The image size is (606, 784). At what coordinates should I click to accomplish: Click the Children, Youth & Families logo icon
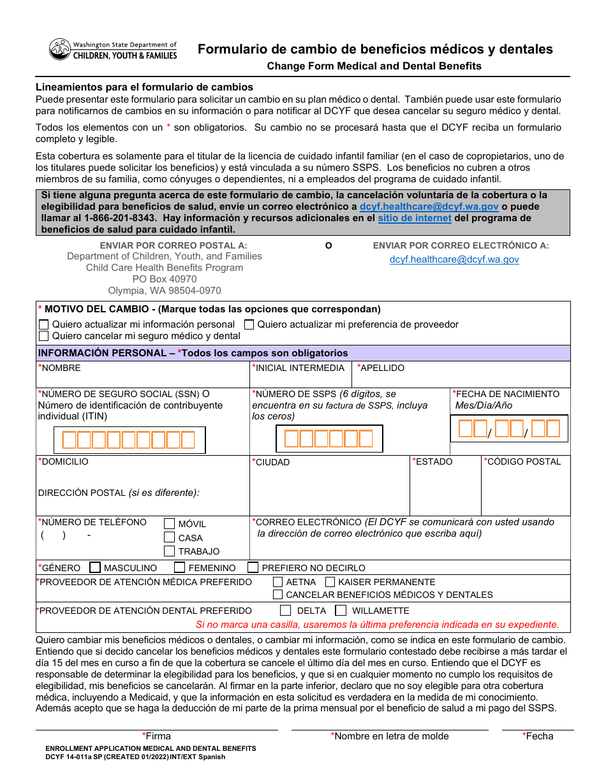[x=59, y=49]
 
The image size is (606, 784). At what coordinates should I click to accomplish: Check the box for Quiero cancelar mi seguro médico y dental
[x=44, y=336]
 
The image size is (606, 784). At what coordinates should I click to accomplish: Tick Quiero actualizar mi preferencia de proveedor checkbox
[x=249, y=324]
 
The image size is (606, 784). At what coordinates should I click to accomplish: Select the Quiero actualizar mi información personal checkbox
[x=44, y=324]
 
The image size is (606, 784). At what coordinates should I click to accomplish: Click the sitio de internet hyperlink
[x=415, y=218]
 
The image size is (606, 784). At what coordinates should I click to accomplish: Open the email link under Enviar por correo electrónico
[x=454, y=259]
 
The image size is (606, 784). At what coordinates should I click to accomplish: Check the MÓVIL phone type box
[x=170, y=523]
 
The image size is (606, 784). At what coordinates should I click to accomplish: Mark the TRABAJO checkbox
[x=170, y=551]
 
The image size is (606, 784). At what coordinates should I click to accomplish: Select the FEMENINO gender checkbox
[x=180, y=567]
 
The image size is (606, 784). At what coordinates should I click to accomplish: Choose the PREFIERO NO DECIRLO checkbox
[x=253, y=567]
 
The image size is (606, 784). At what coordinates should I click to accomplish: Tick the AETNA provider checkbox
[x=278, y=582]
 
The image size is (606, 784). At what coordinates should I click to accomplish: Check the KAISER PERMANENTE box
[x=330, y=582]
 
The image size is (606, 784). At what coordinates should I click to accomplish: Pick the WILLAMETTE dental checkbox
[x=341, y=611]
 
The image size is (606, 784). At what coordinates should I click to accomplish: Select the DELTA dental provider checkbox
[x=286, y=611]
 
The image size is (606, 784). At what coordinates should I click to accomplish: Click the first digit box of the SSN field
[x=68, y=440]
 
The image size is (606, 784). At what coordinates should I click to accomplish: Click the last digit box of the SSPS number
[x=366, y=439]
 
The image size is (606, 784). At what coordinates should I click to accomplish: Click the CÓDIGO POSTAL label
[x=524, y=461]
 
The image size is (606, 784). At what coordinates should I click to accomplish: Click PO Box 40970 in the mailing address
[x=165, y=279]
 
